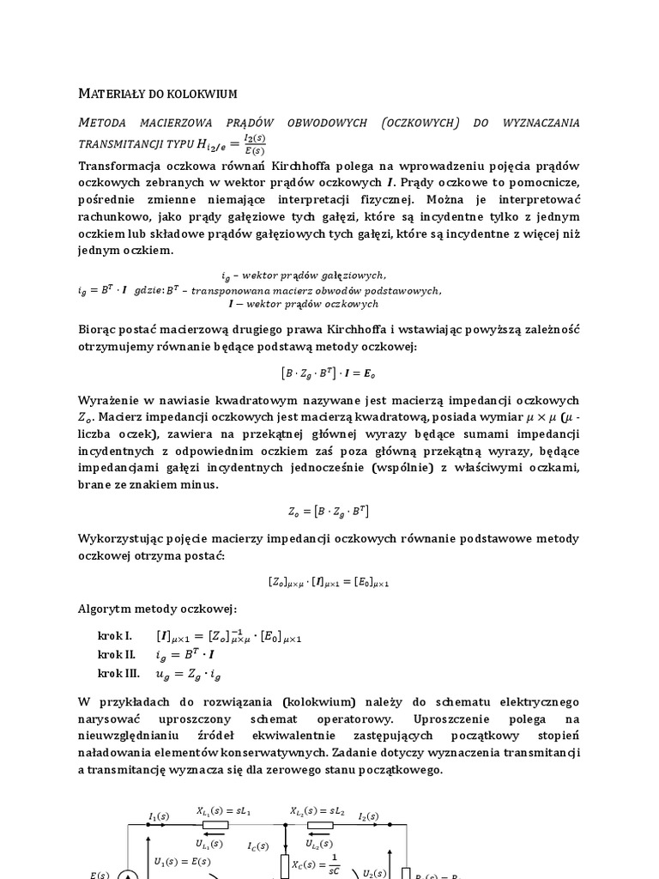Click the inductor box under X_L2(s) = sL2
(x=321, y=825)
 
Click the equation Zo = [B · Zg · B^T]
(x=329, y=512)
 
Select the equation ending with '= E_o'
(x=329, y=373)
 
